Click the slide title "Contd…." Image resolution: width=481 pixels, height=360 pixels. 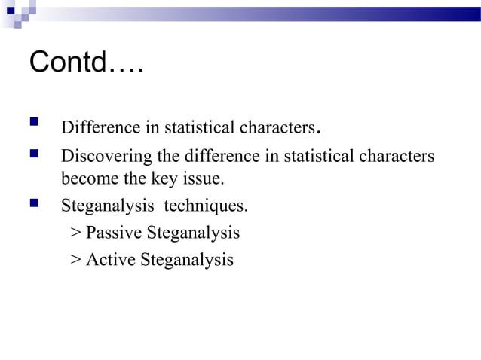click(x=86, y=63)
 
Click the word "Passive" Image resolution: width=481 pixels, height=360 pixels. click(x=115, y=233)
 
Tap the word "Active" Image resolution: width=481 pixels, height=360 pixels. click(x=111, y=260)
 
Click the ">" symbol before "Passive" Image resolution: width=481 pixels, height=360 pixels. click(x=75, y=233)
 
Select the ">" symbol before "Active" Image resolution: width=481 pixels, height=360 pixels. click(x=75, y=261)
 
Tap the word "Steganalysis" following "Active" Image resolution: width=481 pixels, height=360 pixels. click(x=188, y=260)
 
